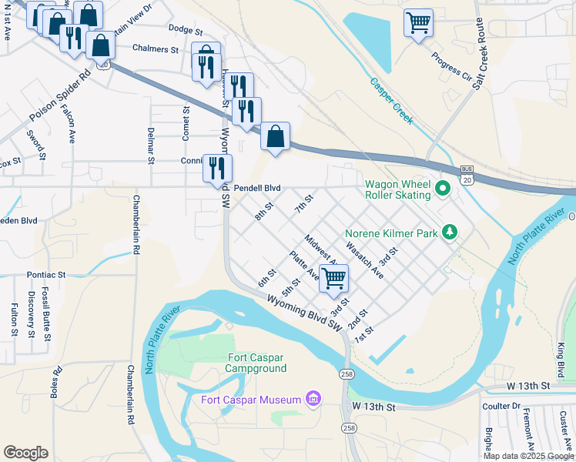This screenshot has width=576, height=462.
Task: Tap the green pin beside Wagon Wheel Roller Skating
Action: pyautogui.click(x=442, y=188)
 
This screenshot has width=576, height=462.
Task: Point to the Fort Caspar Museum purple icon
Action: pyautogui.click(x=313, y=398)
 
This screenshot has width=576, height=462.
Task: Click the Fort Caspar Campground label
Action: pyautogui.click(x=257, y=363)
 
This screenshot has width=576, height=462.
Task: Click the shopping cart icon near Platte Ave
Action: pyautogui.click(x=333, y=278)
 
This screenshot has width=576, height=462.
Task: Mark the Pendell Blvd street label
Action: pyautogui.click(x=257, y=188)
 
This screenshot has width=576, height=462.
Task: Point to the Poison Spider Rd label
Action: pyautogui.click(x=59, y=97)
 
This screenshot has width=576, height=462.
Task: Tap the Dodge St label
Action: pyautogui.click(x=185, y=31)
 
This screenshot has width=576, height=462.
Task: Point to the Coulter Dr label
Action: pyautogui.click(x=501, y=406)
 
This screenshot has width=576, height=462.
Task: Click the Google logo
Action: pyautogui.click(x=25, y=453)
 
